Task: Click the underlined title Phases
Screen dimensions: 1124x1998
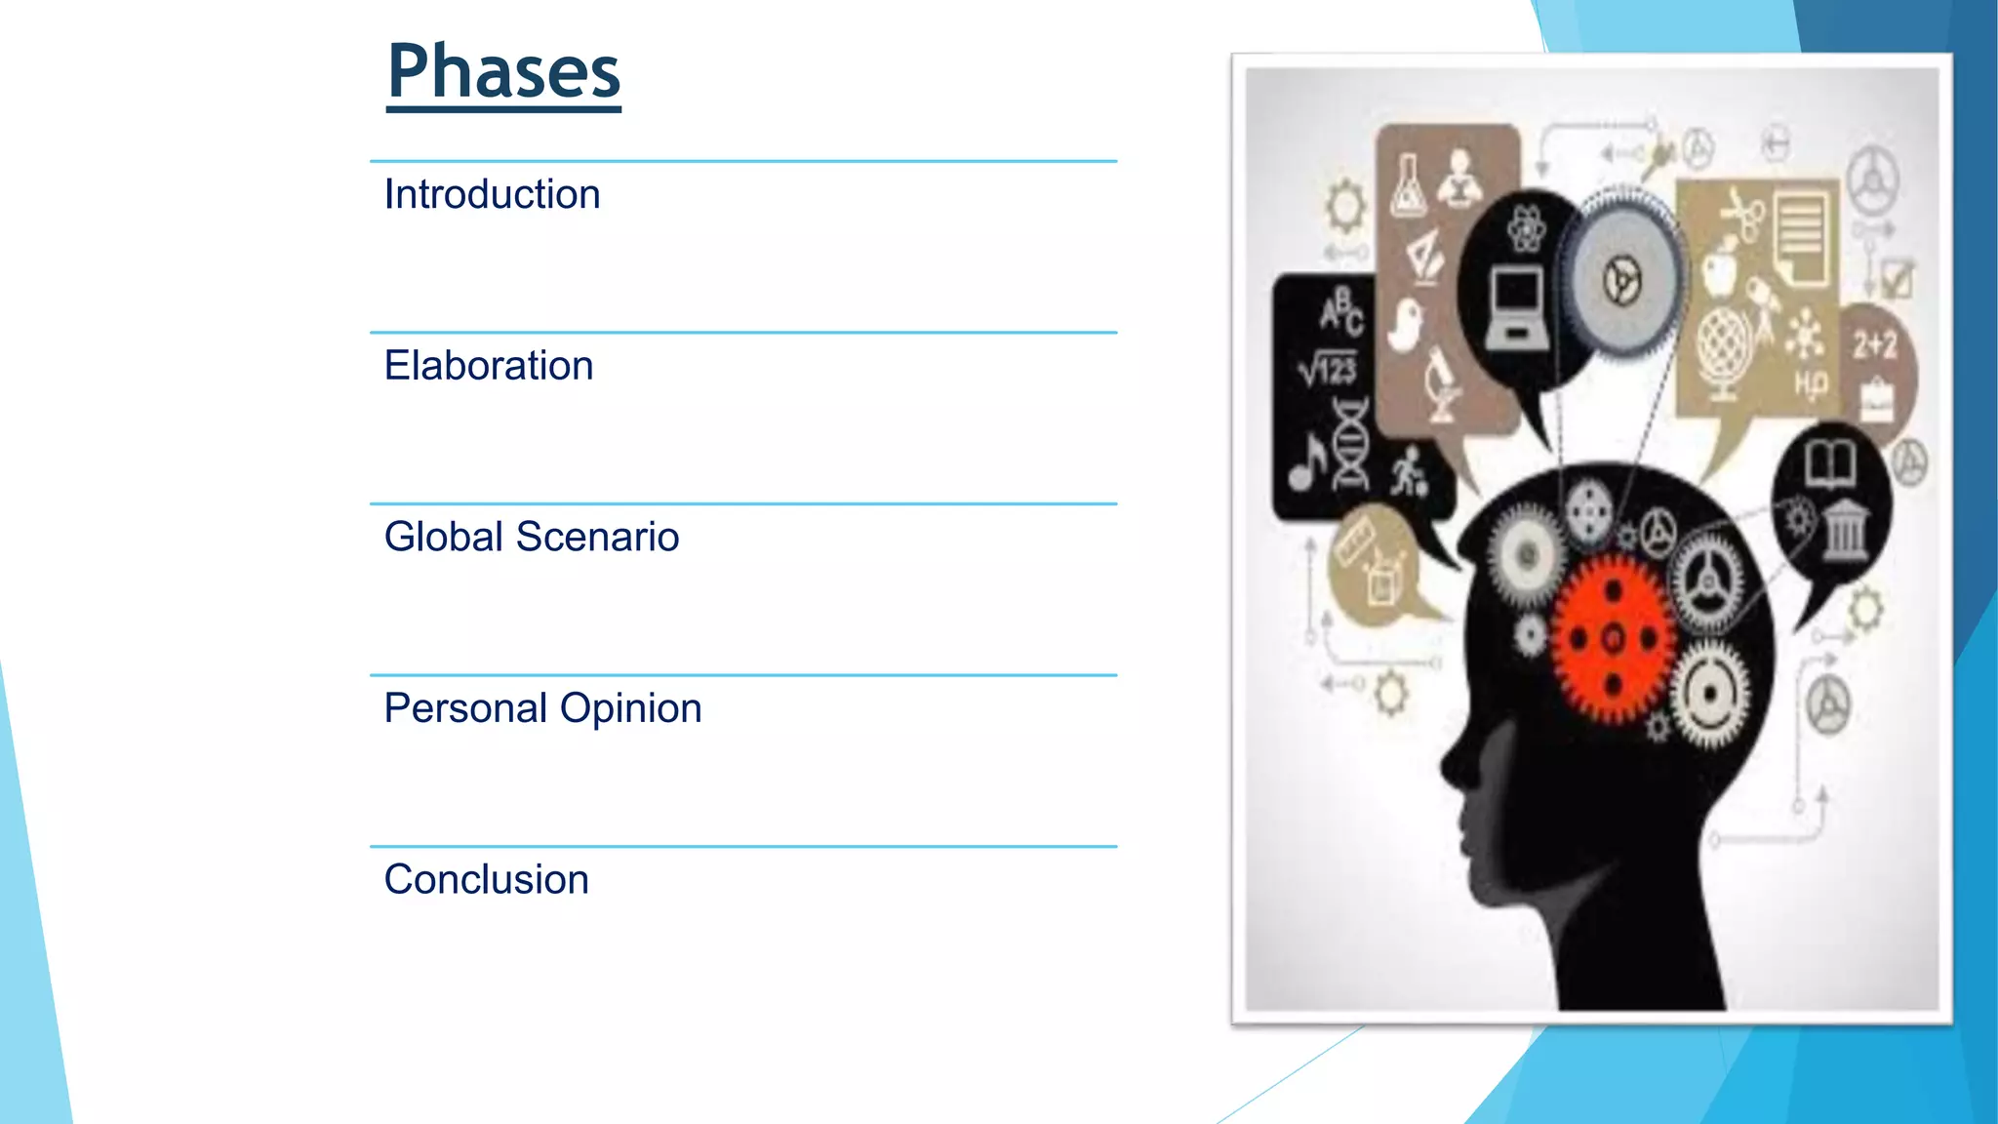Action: coord(503,72)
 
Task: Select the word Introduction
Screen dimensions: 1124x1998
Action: coord(492,194)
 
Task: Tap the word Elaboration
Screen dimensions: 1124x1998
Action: coord(488,366)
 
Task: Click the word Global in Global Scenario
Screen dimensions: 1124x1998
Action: coord(443,537)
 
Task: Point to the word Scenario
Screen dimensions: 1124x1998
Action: coord(597,537)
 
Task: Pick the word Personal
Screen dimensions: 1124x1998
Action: coord(464,708)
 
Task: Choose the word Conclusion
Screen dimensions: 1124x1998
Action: coord(486,879)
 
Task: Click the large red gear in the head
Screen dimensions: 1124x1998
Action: coord(1613,640)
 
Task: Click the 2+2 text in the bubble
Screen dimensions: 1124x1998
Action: coord(1875,344)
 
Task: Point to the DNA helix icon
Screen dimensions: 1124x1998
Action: coord(1351,444)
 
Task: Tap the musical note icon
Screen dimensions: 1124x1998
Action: coord(1306,462)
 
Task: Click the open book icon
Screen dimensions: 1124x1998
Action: coord(1829,462)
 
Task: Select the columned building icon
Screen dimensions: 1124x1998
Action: coord(1844,530)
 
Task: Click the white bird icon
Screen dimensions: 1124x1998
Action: coord(1406,326)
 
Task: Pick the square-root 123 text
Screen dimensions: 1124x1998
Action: coord(1328,369)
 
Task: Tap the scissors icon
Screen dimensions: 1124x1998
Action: coord(1740,214)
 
